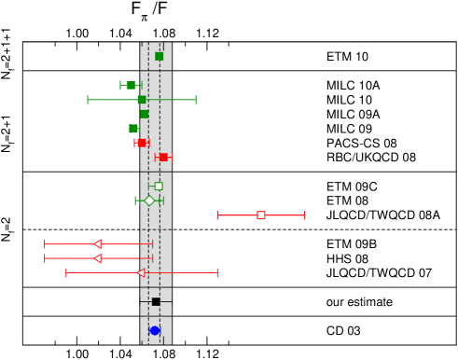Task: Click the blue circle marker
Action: (x=155, y=330)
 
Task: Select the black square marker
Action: (x=156, y=301)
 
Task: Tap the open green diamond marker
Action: (x=149, y=201)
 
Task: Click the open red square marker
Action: (x=261, y=215)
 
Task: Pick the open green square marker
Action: (x=159, y=186)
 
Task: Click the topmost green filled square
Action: (x=159, y=56)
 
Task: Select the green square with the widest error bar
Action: (x=142, y=99)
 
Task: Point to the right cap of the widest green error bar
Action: (x=196, y=99)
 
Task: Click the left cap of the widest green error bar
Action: (x=88, y=99)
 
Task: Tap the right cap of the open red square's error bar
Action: (x=304, y=215)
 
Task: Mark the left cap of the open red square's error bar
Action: (x=218, y=215)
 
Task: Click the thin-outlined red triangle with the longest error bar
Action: (x=141, y=272)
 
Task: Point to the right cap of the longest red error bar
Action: (x=217, y=272)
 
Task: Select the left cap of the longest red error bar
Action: (x=66, y=272)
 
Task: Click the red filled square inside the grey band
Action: (x=163, y=157)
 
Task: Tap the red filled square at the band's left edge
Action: (x=142, y=143)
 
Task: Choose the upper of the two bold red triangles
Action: (x=98, y=243)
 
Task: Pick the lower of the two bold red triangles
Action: (x=98, y=258)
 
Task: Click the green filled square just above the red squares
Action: (x=133, y=129)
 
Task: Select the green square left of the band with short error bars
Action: (x=132, y=85)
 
